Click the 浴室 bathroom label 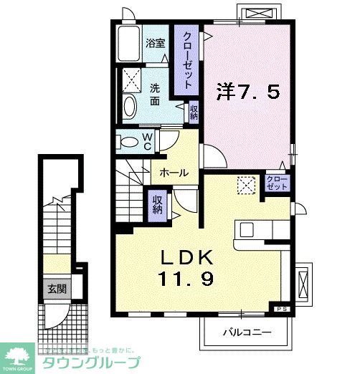point(156,43)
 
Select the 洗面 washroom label point(156,95)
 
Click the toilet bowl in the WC point(128,141)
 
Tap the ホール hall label point(174,173)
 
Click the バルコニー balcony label point(245,332)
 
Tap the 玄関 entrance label point(56,289)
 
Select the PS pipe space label point(280,308)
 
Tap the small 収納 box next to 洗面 point(194,111)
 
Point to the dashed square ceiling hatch point(247,185)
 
